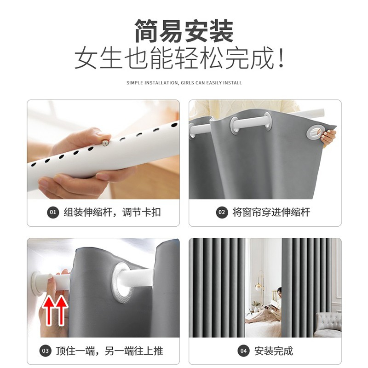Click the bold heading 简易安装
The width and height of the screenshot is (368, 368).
click(x=184, y=31)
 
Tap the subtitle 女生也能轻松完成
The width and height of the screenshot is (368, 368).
click(x=175, y=58)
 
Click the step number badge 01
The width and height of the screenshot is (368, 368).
click(x=53, y=213)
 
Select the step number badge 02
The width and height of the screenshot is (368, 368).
click(x=222, y=213)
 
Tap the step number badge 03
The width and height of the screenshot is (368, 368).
click(x=45, y=351)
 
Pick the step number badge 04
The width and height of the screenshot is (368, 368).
click(x=243, y=351)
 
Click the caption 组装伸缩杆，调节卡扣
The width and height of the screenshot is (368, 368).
click(x=112, y=213)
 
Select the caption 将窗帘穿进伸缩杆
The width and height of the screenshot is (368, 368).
click(x=271, y=213)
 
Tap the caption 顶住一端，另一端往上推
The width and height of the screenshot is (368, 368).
click(x=109, y=351)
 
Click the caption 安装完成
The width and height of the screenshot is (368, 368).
click(x=274, y=351)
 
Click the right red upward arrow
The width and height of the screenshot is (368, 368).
click(x=62, y=310)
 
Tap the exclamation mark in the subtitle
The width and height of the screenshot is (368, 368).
click(x=281, y=58)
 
